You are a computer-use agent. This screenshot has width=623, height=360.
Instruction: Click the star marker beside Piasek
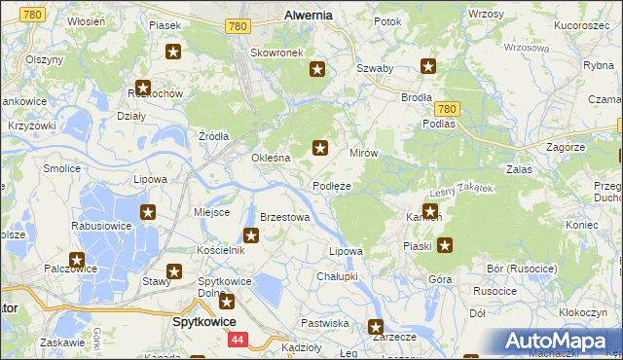tap(173, 52)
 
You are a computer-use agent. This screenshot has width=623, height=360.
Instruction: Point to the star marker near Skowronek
tap(317, 68)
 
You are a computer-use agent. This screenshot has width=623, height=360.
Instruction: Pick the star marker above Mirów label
tap(319, 148)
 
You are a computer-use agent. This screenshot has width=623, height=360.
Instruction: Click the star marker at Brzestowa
tap(251, 234)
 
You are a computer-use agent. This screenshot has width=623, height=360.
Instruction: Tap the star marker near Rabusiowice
tap(148, 212)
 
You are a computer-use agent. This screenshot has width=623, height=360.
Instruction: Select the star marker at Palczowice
tap(77, 261)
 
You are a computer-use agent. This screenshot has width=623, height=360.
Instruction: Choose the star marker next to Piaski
tap(444, 245)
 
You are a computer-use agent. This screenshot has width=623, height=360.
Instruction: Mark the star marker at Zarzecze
tap(375, 327)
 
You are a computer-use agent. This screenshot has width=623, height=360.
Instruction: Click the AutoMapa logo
tap(559, 341)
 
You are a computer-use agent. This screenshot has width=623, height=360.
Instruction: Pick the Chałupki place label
tap(338, 276)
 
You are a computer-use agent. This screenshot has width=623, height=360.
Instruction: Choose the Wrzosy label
tap(486, 14)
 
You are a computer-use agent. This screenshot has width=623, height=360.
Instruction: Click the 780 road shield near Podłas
tap(447, 109)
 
